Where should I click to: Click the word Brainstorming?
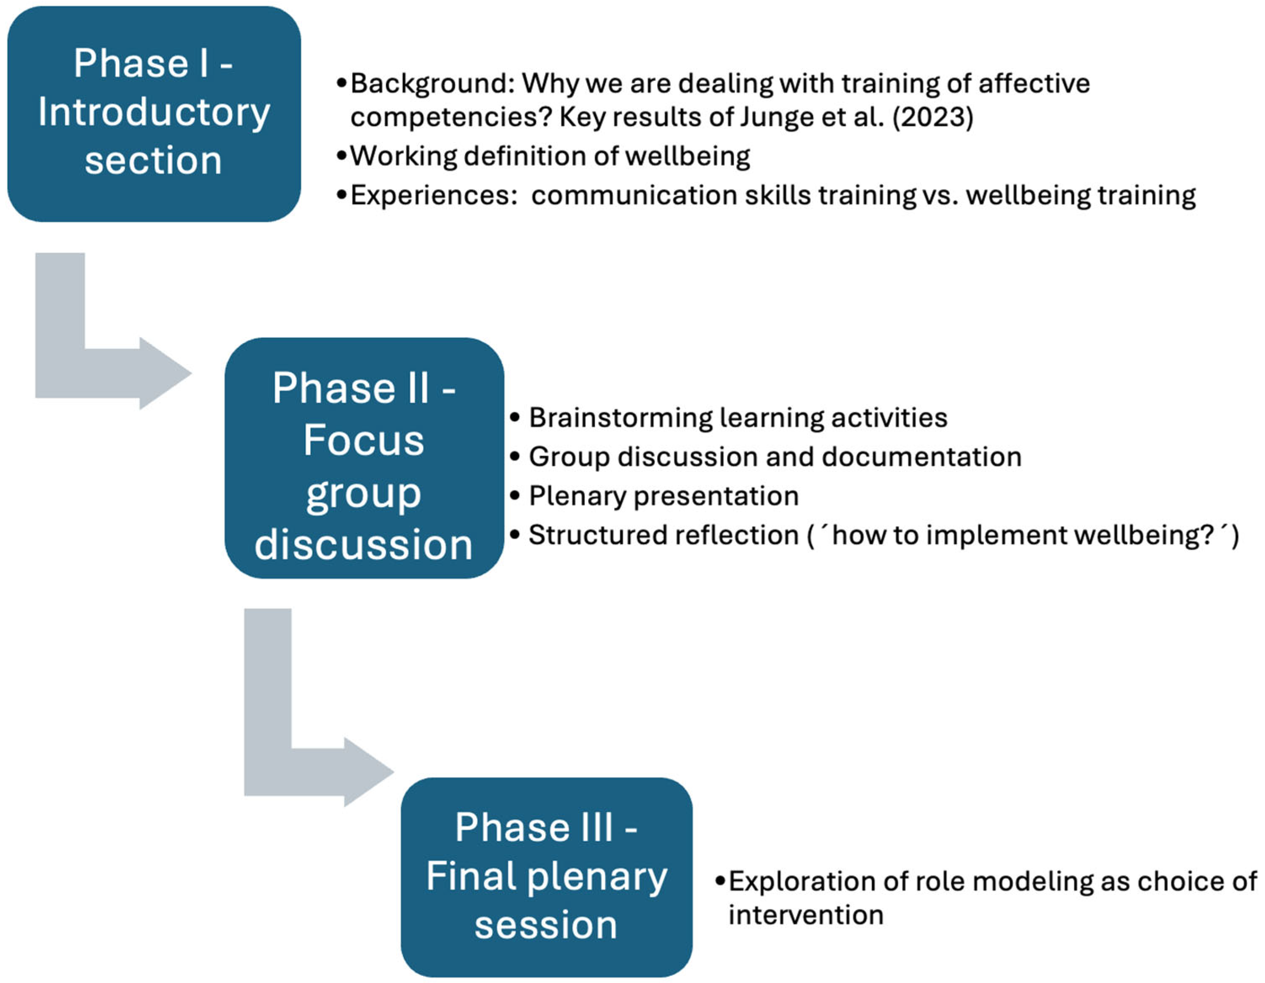pyautogui.click(x=620, y=418)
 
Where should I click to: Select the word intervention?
pyautogui.click(x=806, y=915)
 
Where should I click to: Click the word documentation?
pyautogui.click(x=921, y=457)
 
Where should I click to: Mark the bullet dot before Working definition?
pyautogui.click(x=342, y=157)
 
